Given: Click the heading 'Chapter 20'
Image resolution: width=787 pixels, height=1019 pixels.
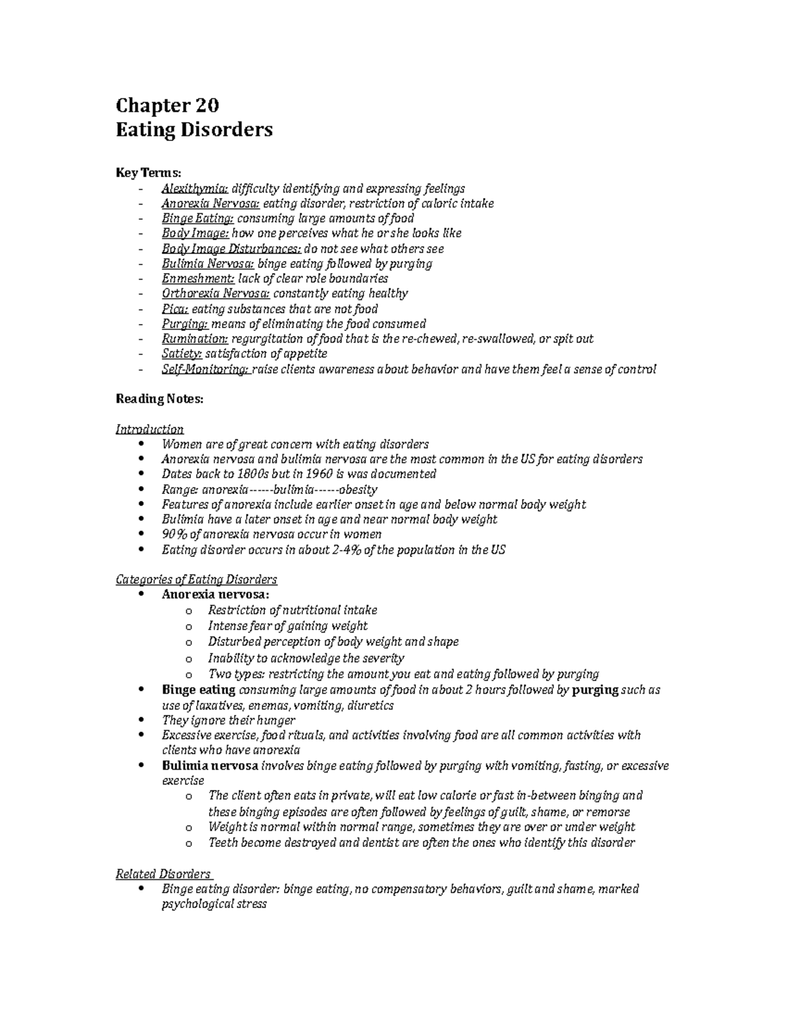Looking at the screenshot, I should (x=167, y=105).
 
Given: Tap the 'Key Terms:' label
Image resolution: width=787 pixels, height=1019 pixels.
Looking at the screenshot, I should (x=148, y=173).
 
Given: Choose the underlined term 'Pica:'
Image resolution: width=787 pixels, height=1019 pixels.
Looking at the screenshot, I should (x=175, y=308).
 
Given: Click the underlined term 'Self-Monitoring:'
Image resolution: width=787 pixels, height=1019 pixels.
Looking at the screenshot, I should (x=205, y=369).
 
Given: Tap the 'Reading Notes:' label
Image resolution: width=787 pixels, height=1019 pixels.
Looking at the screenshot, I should (x=159, y=399).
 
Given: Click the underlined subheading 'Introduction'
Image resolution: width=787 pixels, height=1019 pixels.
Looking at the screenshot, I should (x=150, y=429).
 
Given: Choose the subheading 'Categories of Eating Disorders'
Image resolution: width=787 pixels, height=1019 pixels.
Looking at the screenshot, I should (x=196, y=579).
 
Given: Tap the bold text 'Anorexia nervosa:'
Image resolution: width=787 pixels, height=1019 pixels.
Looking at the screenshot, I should (x=215, y=594).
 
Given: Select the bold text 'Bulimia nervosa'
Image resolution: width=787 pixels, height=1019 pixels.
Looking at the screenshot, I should (x=210, y=766).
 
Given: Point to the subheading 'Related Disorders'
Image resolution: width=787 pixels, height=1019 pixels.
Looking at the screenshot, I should (x=163, y=873).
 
